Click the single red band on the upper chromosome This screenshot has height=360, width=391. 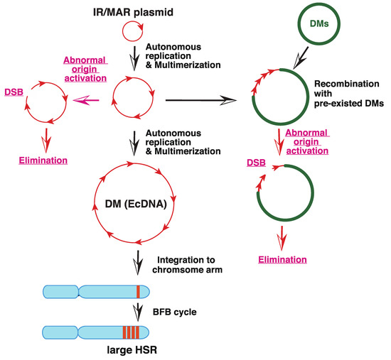point(140,291)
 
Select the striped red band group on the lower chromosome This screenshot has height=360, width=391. point(132,332)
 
